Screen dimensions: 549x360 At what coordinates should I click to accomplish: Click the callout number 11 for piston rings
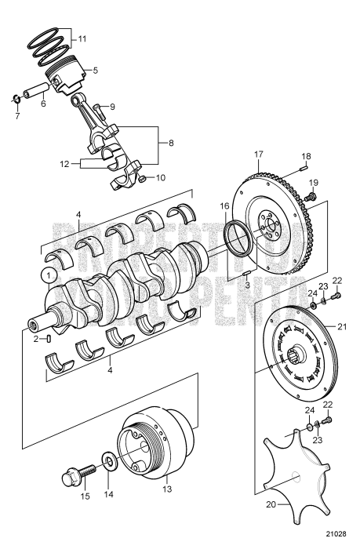click(x=83, y=37)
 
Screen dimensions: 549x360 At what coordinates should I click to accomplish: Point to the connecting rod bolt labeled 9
click(x=97, y=108)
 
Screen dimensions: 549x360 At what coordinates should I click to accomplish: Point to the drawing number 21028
click(x=338, y=539)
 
